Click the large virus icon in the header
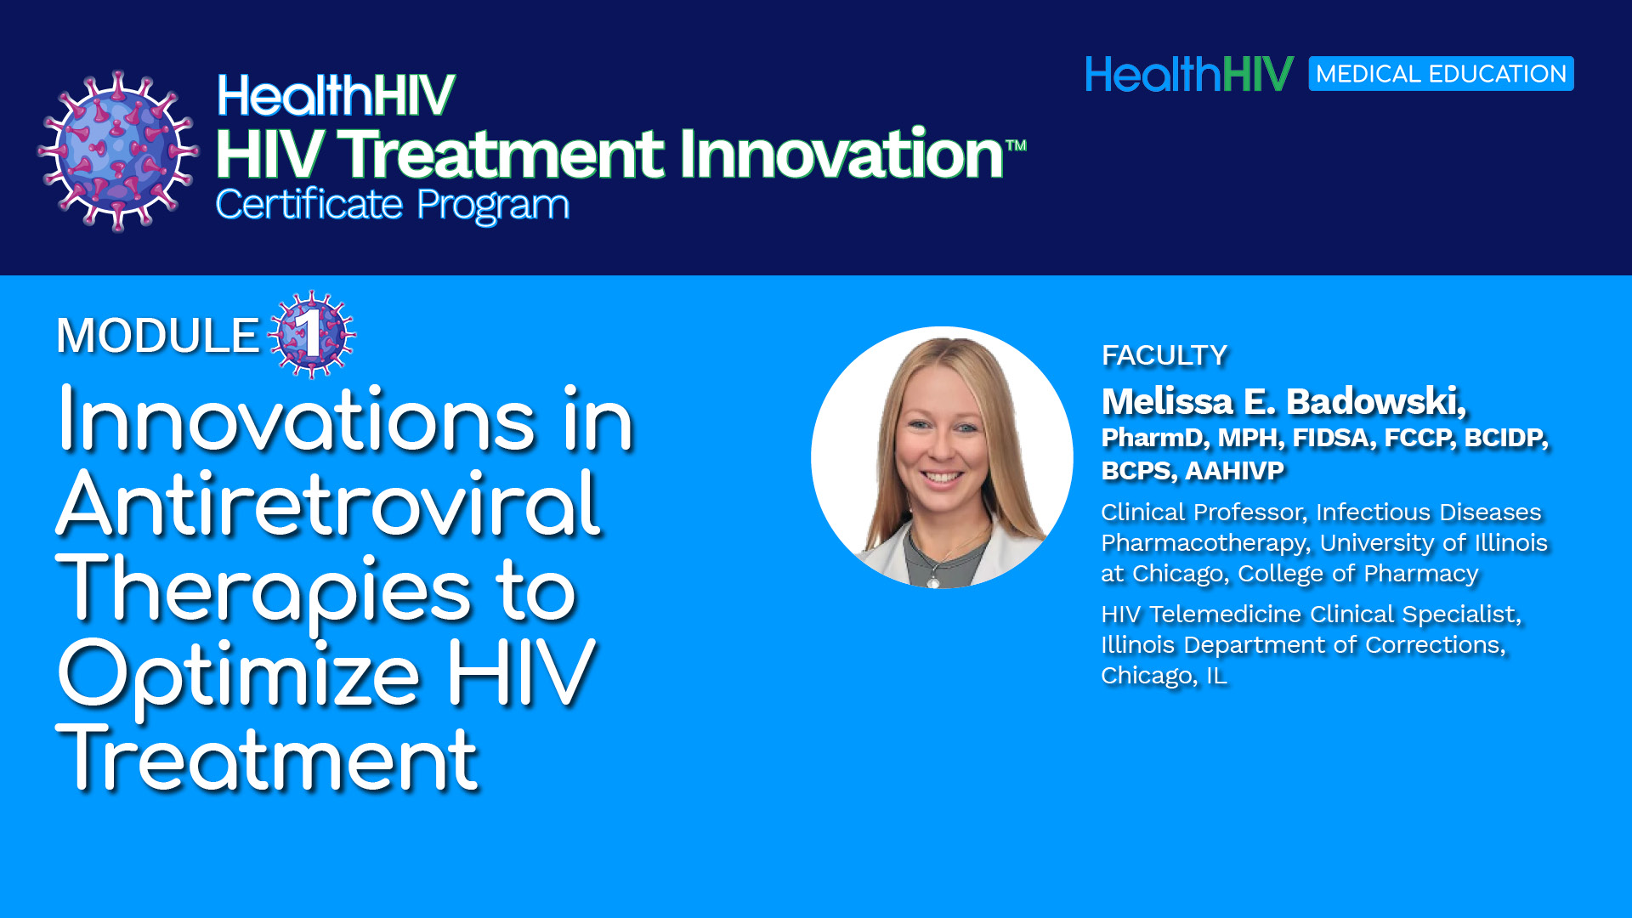[118, 151]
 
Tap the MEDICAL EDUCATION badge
[1441, 74]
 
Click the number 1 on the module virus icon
[311, 333]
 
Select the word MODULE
[157, 336]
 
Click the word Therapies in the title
[263, 590]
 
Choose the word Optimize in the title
[239, 675]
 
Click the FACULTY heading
[1164, 355]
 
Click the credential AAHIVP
[1234, 470]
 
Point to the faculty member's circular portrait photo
[942, 457]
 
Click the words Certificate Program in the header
[392, 205]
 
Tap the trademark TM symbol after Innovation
[1017, 144]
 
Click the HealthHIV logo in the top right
[1189, 74]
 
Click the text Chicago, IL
[1164, 676]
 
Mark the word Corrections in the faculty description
[1435, 645]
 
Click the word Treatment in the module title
[267, 759]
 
